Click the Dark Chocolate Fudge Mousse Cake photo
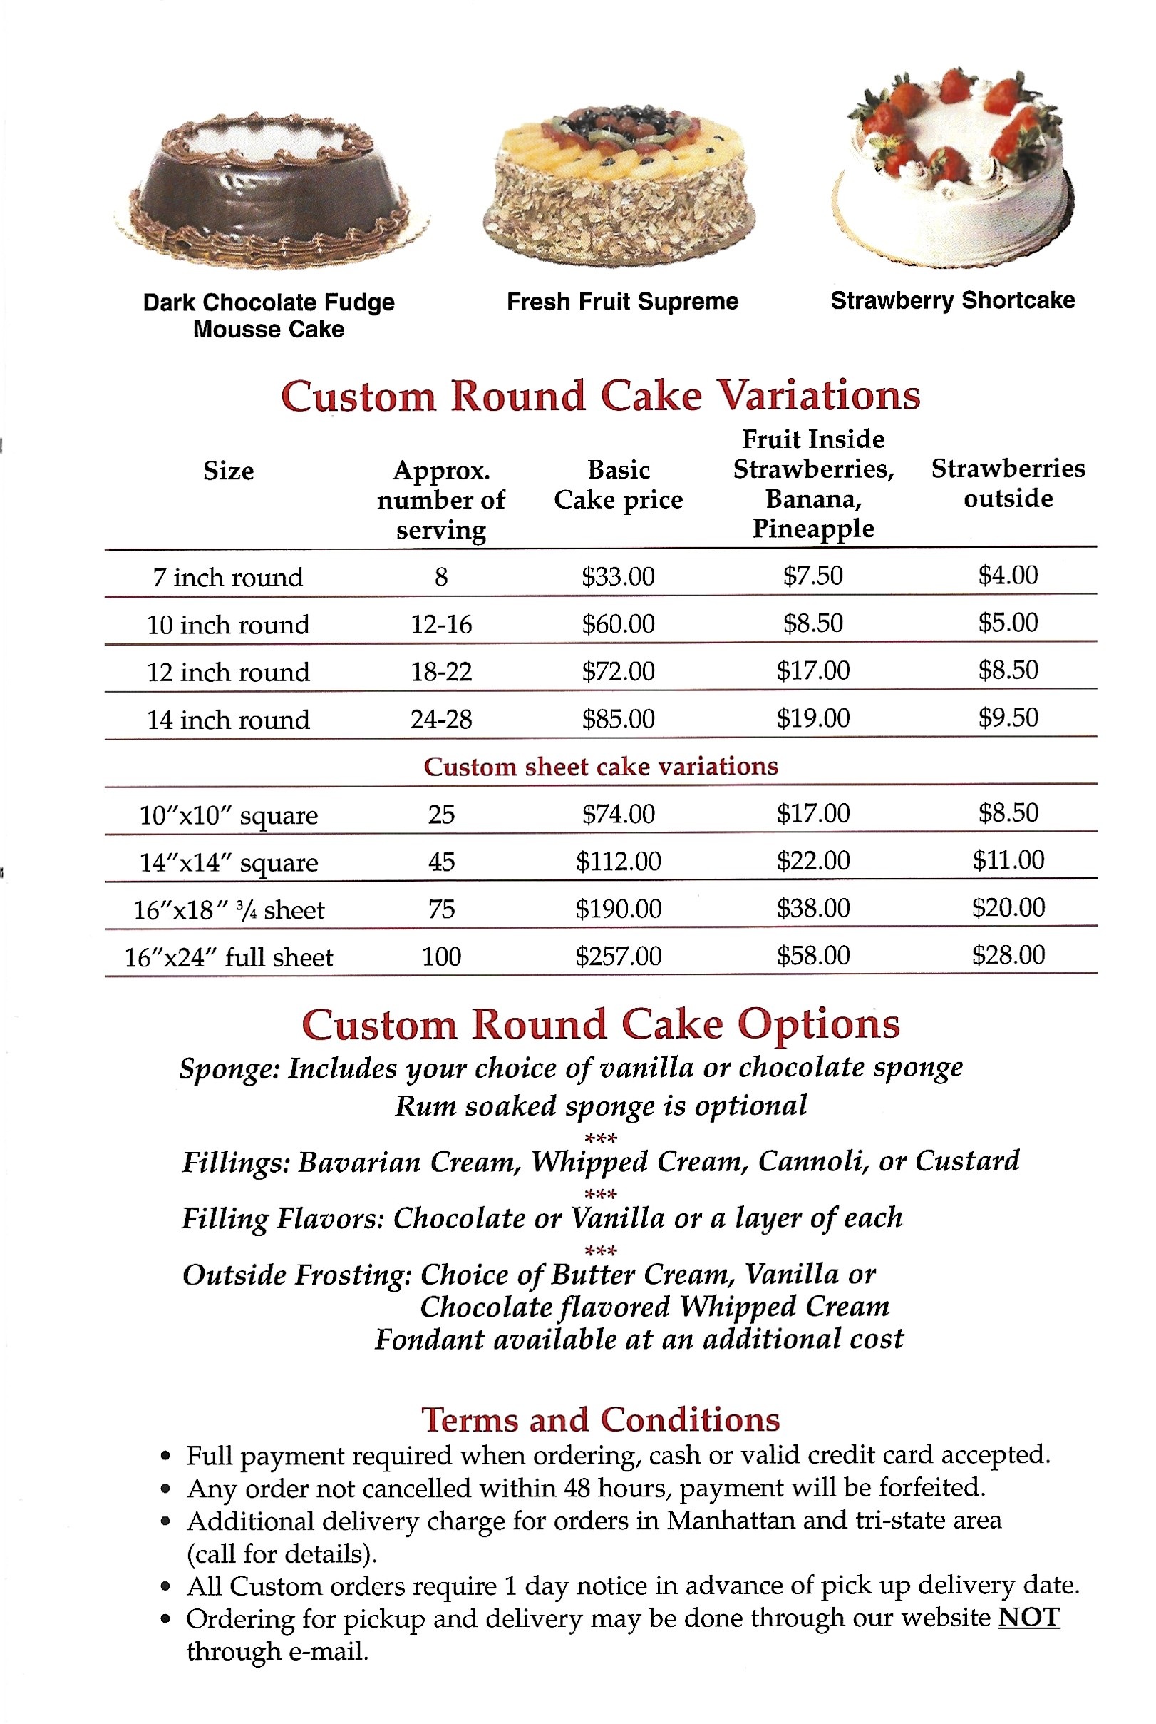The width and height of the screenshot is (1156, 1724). click(x=271, y=191)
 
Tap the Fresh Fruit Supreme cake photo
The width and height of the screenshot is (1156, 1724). click(x=620, y=185)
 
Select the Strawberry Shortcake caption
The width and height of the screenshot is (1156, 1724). click(x=951, y=300)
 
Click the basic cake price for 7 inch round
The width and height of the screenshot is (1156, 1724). click(x=618, y=576)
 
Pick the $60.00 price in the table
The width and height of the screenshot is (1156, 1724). click(x=618, y=624)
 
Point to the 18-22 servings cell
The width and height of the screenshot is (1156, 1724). click(x=441, y=671)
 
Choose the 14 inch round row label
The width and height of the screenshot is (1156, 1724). click(x=228, y=719)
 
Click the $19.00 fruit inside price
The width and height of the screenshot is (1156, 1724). click(x=812, y=718)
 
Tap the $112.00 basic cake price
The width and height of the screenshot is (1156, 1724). click(x=618, y=861)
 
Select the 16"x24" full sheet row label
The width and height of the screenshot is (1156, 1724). click(x=228, y=957)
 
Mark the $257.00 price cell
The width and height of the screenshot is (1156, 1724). click(x=618, y=956)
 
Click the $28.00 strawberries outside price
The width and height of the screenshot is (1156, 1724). click(x=1008, y=954)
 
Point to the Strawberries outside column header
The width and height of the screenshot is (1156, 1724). click(x=1008, y=483)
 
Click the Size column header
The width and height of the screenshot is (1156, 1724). click(x=228, y=471)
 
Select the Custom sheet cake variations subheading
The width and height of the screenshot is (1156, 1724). click(x=600, y=767)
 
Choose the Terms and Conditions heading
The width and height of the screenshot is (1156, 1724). click(x=600, y=1419)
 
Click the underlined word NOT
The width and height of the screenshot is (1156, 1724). click(x=1028, y=1617)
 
